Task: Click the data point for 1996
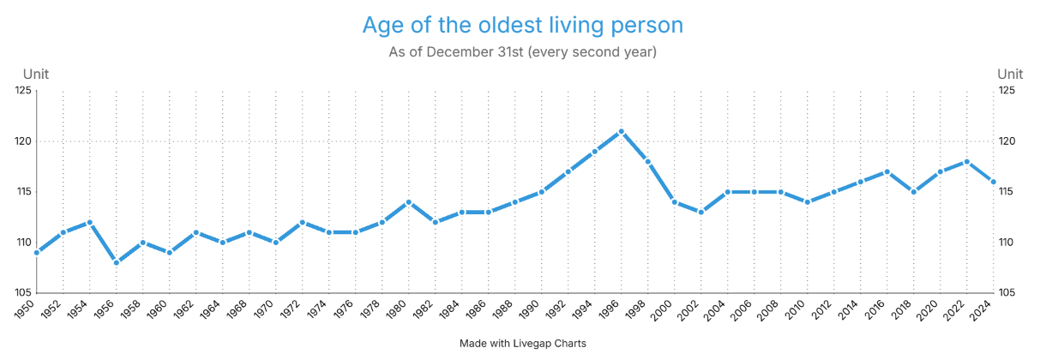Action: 622,131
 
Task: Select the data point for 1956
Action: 117,262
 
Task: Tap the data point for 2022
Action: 966,161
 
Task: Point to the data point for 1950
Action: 37,252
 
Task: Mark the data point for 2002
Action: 701,212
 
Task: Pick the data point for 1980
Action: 409,201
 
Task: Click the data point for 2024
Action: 993,182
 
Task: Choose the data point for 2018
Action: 914,192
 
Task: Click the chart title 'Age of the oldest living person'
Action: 522,25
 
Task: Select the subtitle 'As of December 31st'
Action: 522,52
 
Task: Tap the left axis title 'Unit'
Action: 36,75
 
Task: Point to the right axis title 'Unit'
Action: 1010,75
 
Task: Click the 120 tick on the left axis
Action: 22,141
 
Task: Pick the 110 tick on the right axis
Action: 1007,243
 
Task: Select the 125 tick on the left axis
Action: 22,91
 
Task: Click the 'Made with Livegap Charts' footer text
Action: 522,344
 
